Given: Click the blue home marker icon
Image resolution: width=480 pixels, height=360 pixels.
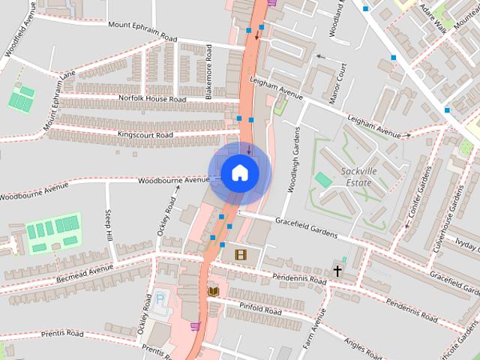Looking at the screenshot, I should click(x=239, y=172).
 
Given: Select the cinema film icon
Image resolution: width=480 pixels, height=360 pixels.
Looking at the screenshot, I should click(x=240, y=255).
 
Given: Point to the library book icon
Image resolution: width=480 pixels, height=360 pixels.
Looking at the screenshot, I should click(x=213, y=291).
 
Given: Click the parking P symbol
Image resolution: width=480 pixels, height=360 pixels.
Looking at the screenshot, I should click(x=160, y=299).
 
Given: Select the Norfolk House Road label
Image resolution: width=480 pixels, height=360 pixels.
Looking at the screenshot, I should click(x=152, y=99).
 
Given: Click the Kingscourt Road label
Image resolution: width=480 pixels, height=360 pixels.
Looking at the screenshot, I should click(x=145, y=135).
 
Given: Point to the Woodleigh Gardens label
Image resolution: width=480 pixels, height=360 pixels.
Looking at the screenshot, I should click(x=295, y=160).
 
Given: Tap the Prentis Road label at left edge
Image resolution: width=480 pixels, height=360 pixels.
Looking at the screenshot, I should click(x=62, y=333).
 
